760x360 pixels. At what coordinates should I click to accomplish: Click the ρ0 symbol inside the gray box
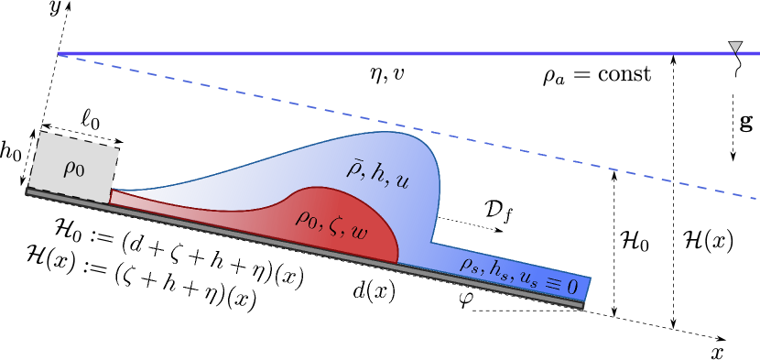[x=73, y=168]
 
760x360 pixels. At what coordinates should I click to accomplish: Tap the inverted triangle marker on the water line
[x=734, y=48]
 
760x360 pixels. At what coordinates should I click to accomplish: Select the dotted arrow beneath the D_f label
[x=469, y=224]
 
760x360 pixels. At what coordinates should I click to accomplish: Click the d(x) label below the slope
[x=374, y=290]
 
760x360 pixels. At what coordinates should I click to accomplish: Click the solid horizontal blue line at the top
[x=366, y=53]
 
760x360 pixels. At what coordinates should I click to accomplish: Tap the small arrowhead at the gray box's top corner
[x=118, y=142]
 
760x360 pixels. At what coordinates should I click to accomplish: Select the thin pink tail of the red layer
[x=165, y=206]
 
